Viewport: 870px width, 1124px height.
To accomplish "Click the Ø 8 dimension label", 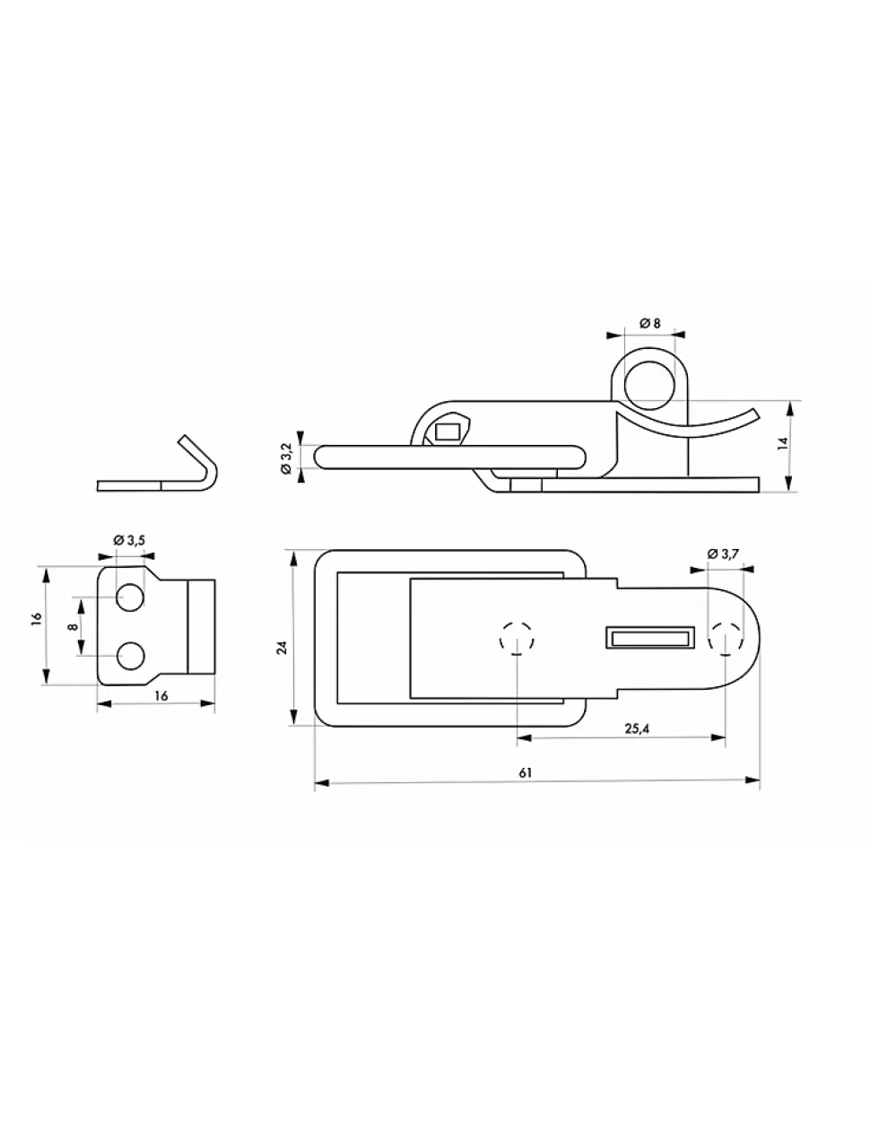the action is pyautogui.click(x=649, y=323).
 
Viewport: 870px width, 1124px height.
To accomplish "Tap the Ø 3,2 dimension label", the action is pyautogui.click(x=287, y=457).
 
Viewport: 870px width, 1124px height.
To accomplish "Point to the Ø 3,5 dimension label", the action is pyautogui.click(x=129, y=540).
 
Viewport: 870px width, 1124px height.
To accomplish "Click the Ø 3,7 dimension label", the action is pyautogui.click(x=722, y=553).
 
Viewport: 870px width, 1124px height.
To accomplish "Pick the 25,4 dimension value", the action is pyautogui.click(x=637, y=728).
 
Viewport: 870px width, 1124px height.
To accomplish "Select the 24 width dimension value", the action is pyautogui.click(x=283, y=648).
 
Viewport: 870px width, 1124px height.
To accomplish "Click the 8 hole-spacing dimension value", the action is pyautogui.click(x=74, y=626).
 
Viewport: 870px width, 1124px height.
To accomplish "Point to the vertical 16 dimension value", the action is pyautogui.click(x=36, y=618).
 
